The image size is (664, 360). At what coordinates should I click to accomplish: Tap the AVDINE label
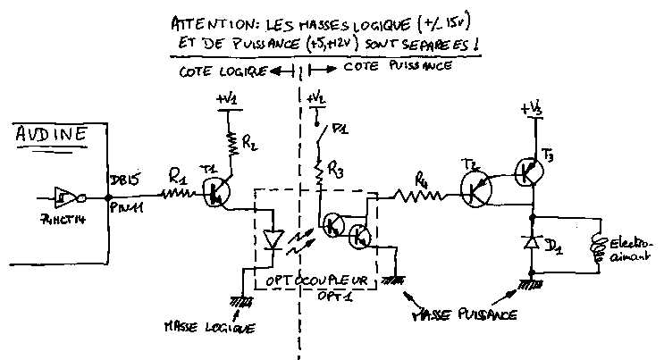52,137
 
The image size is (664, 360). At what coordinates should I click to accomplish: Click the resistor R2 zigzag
232,141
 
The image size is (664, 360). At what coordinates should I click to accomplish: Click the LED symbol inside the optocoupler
273,240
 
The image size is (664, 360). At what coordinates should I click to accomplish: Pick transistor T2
479,187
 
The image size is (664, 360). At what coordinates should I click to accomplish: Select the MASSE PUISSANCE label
466,315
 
